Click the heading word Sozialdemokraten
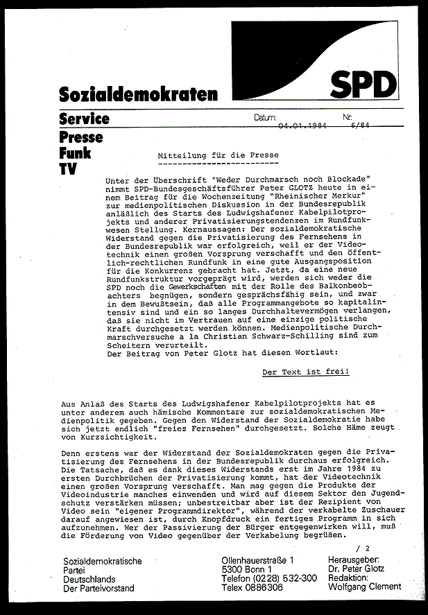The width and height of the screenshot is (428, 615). click(138, 94)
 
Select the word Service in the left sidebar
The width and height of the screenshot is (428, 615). click(84, 119)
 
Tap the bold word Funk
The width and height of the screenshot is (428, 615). click(75, 153)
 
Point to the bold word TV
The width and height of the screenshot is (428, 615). click(67, 169)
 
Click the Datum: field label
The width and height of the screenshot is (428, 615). click(266, 118)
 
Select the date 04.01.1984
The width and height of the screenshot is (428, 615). click(302, 126)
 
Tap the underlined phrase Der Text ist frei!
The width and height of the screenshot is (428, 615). click(305, 372)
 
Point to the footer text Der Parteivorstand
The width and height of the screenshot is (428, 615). click(99, 588)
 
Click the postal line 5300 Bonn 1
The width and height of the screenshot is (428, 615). click(246, 569)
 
